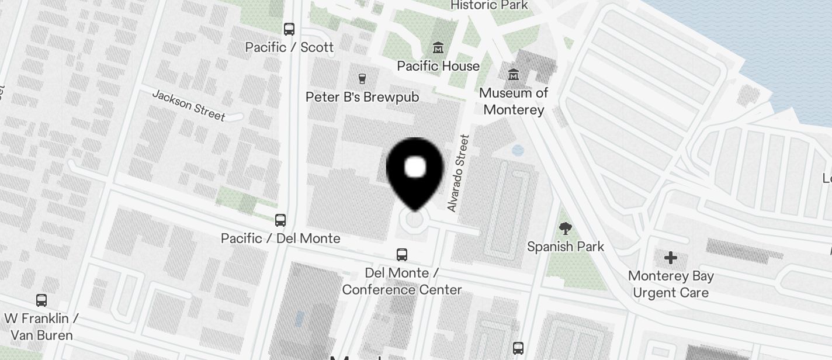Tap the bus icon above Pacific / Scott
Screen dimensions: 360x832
click(x=289, y=29)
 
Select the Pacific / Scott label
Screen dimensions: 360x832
click(x=289, y=47)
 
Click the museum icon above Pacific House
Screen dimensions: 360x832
click(x=438, y=47)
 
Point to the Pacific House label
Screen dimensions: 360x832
click(x=438, y=66)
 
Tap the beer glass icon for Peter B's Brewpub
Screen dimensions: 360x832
click(x=362, y=78)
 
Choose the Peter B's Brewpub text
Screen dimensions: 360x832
click(x=362, y=97)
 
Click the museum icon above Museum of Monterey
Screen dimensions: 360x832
click(x=514, y=74)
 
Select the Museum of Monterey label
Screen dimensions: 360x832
click(x=514, y=101)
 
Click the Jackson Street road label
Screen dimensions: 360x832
click(x=188, y=105)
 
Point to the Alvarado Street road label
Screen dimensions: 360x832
click(x=458, y=174)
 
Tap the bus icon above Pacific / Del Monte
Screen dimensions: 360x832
click(x=280, y=220)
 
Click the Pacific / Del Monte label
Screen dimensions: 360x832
click(x=280, y=238)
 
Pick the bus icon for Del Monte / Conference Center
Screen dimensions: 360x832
click(x=402, y=254)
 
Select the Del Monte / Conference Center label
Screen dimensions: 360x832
click(x=402, y=281)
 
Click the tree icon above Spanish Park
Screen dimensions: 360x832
click(x=565, y=228)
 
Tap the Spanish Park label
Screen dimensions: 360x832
click(x=566, y=247)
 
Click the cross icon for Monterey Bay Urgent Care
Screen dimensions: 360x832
click(x=671, y=257)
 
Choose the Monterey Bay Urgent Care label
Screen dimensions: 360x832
click(x=671, y=284)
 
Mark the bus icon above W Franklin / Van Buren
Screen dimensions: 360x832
click(x=41, y=300)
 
